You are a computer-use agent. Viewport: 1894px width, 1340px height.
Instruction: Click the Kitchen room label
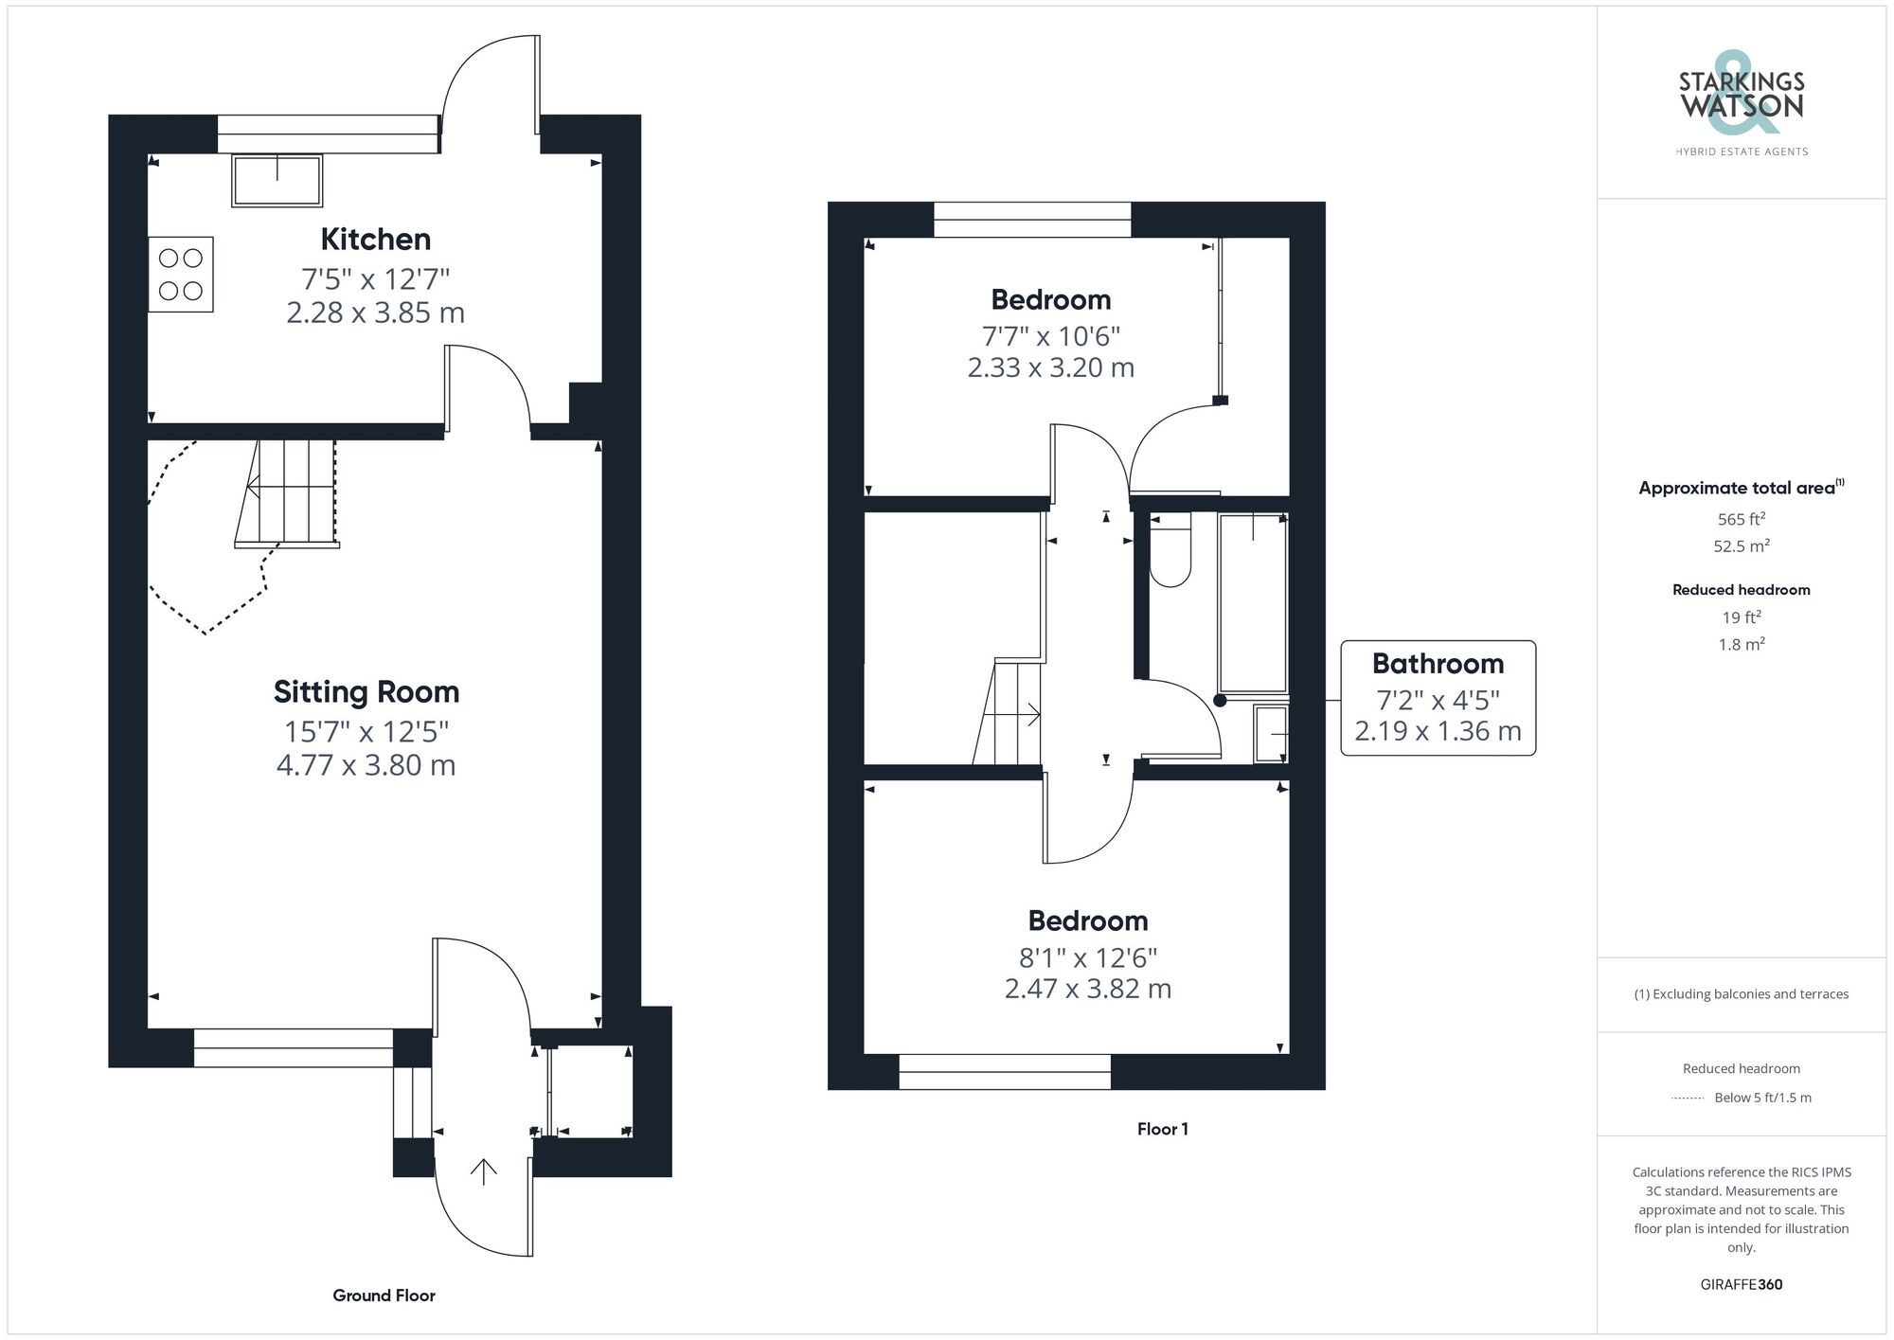375,240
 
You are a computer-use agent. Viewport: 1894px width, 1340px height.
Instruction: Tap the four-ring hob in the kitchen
181,274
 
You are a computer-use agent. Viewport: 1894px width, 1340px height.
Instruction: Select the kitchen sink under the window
277,181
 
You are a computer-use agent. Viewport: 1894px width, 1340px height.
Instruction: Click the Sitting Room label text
366,692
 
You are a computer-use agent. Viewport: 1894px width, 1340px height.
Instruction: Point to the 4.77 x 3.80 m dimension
366,765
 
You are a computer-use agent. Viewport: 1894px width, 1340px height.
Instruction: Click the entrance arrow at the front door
484,1171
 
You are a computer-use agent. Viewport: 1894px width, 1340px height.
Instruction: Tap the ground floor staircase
287,492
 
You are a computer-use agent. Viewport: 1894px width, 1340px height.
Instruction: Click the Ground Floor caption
384,1295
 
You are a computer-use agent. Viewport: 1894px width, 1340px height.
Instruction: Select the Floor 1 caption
1162,1129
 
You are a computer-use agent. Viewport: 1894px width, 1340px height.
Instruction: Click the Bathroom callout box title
1438,664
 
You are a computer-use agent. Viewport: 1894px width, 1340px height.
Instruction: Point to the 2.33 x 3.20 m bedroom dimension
1050,367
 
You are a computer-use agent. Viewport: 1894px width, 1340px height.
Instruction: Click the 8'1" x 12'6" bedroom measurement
1088,957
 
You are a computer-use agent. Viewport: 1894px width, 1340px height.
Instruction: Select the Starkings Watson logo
1742,98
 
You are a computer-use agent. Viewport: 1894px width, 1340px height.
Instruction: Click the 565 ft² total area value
1741,519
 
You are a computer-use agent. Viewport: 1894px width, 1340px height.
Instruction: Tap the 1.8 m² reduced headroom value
1741,644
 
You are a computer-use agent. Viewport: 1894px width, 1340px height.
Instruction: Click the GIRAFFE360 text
1741,1284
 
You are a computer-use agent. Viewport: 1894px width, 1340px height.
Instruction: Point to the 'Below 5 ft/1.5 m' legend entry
1761,1098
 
